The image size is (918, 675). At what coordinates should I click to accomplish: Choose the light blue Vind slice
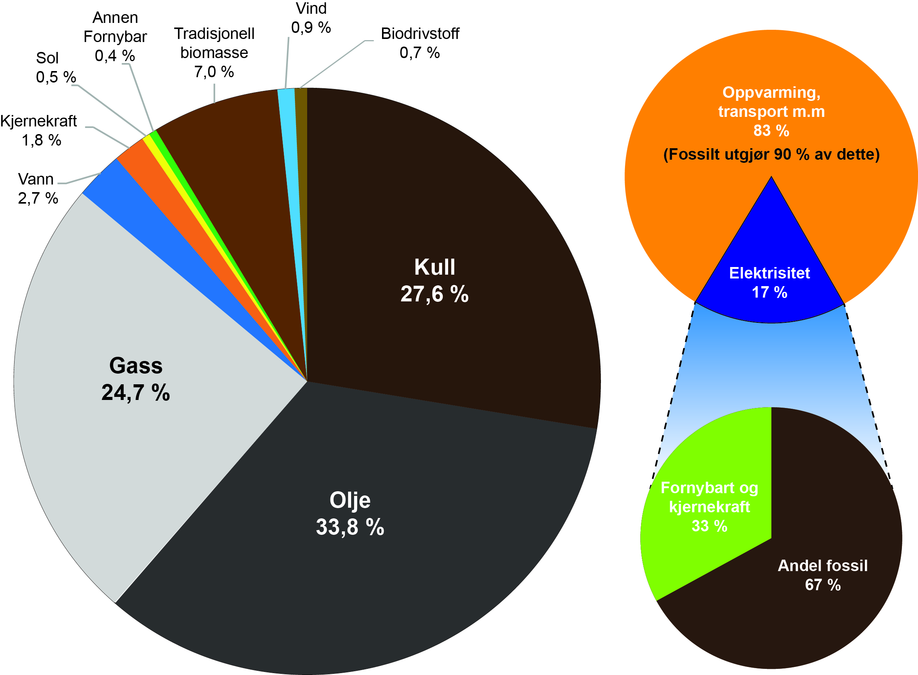pos(288,143)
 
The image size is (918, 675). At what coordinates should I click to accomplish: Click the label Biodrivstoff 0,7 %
pos(419,43)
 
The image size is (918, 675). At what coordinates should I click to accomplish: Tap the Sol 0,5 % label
pos(55,67)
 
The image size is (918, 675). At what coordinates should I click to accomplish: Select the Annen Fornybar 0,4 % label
pos(115,37)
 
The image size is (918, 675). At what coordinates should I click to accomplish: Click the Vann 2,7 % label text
pos(37,189)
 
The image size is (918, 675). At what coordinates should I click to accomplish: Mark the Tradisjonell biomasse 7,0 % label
pos(214,53)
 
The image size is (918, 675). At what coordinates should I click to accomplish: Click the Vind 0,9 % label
pos(311,18)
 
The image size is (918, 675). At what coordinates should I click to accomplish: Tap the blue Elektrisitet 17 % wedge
pos(769,282)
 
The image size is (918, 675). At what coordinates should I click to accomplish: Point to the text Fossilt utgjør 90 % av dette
pos(771,154)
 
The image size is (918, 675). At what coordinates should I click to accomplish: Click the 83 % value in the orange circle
pos(771,131)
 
